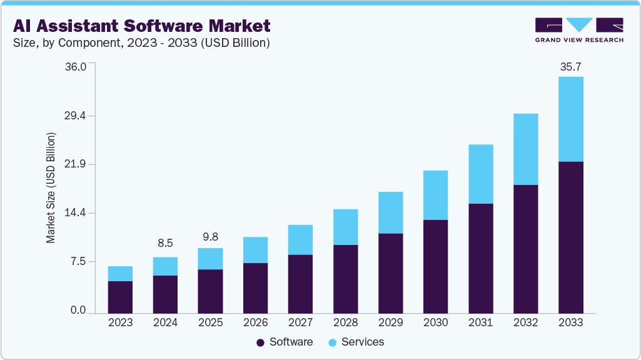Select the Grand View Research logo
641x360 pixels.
[x=579, y=30]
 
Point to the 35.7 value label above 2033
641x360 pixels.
[x=570, y=66]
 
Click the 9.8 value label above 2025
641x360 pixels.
[x=210, y=236]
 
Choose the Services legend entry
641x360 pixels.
[x=356, y=342]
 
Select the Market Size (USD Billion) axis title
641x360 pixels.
[x=51, y=187]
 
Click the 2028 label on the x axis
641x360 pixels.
[x=345, y=322]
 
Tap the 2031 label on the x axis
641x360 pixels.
[x=480, y=322]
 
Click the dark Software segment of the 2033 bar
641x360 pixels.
[x=570, y=237]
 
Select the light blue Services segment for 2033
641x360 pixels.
[x=570, y=119]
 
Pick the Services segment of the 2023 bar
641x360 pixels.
[x=120, y=274]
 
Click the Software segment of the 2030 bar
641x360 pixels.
[x=435, y=266]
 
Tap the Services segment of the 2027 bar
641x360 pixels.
[x=300, y=239]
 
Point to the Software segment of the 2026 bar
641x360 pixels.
[x=255, y=288]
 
